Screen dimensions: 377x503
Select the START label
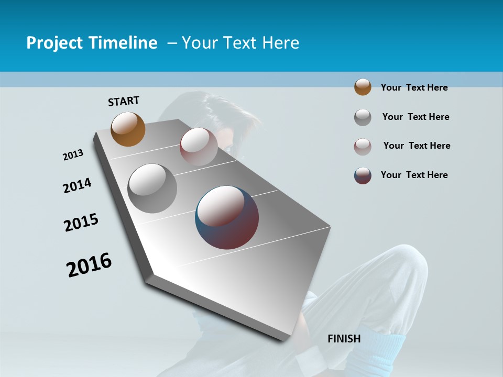point(124,101)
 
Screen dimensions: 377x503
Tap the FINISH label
point(344,339)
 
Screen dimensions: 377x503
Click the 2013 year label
point(73,155)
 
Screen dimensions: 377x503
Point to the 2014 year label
point(78,185)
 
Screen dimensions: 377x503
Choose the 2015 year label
point(81,223)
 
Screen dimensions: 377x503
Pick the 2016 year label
point(89,265)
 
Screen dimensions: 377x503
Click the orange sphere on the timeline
point(128,129)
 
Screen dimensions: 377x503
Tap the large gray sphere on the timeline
point(152,188)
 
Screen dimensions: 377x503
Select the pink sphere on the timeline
point(199,146)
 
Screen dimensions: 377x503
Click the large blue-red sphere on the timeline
point(227,217)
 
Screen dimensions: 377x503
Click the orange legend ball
point(363,87)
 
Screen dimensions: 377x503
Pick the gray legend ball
point(363,117)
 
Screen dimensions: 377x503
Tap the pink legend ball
point(363,147)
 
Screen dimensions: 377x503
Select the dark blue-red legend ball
point(363,175)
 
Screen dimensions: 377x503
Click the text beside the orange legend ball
point(414,87)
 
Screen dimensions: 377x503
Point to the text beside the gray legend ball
point(415,117)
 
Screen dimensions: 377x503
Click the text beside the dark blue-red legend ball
point(414,175)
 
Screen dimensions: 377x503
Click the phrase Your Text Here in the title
point(240,43)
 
